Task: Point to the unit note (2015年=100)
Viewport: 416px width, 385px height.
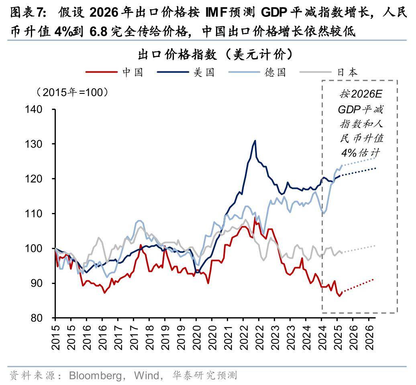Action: [73, 92]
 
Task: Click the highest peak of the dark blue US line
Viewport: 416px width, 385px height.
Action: [255, 141]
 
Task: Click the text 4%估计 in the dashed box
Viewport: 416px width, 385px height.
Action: [360, 153]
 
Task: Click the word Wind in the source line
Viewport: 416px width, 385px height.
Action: [146, 375]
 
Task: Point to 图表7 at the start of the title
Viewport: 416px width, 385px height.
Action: [26, 13]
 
